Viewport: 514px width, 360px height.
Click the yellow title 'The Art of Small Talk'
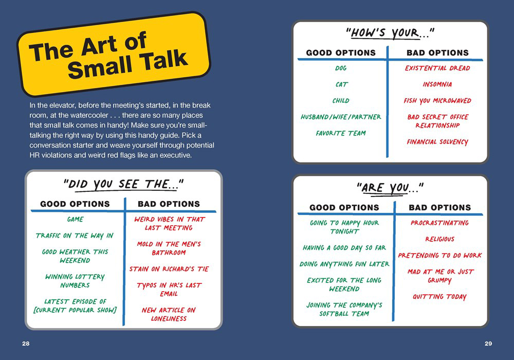click(x=108, y=56)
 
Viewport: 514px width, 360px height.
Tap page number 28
click(x=26, y=344)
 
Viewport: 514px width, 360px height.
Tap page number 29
click(x=488, y=344)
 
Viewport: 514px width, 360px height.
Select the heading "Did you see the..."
click(x=123, y=185)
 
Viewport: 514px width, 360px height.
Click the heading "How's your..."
click(x=390, y=33)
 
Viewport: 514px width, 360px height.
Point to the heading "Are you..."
click(x=390, y=188)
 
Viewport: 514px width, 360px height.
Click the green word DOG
click(x=341, y=68)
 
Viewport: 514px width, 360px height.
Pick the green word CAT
click(x=341, y=84)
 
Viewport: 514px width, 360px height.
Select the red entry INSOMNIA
click(x=437, y=84)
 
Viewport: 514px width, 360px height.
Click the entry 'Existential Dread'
click(x=437, y=68)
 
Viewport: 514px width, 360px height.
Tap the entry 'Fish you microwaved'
click(x=437, y=101)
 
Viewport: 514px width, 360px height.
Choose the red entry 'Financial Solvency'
click(x=437, y=142)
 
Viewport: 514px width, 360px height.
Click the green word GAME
click(x=75, y=220)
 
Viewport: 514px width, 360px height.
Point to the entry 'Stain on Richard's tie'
click(x=169, y=269)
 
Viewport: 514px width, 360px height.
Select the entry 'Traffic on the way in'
click(x=75, y=236)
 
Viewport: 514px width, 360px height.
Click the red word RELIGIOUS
click(x=439, y=239)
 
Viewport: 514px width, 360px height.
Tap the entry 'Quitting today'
click(x=439, y=297)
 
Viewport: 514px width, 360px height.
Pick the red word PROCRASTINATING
click(x=439, y=223)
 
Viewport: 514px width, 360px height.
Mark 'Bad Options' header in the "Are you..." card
click(x=439, y=208)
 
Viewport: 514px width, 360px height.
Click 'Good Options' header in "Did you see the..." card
click(x=75, y=204)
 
